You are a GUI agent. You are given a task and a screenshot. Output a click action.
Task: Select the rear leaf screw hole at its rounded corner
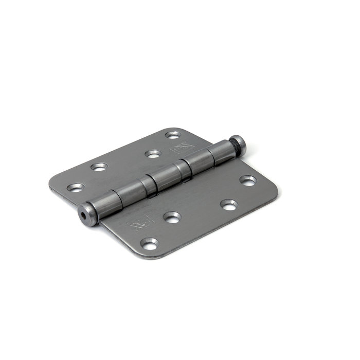click(x=173, y=135)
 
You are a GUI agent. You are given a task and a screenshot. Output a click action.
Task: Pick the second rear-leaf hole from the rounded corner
click(x=152, y=153)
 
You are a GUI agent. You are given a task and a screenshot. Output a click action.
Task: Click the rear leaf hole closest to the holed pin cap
click(x=76, y=187)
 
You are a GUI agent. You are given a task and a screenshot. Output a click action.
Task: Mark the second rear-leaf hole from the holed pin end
click(x=99, y=167)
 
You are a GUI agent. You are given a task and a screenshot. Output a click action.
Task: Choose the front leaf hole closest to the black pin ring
click(x=248, y=181)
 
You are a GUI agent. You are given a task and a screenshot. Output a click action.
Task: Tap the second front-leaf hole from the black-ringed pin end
click(x=229, y=204)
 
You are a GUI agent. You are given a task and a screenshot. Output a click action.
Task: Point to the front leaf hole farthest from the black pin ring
click(x=150, y=244)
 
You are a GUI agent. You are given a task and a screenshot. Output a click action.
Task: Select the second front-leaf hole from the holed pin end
click(x=172, y=217)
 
